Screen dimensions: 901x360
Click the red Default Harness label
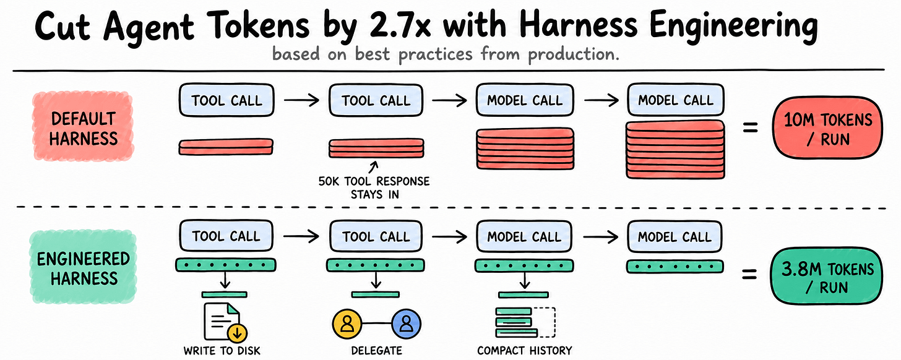pyautogui.click(x=83, y=127)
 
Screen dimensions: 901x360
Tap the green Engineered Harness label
pyautogui.click(x=83, y=267)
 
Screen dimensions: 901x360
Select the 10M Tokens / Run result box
pyautogui.click(x=828, y=128)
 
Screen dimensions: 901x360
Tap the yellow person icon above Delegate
pyautogui.click(x=347, y=324)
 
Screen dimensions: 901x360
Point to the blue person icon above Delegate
pyautogui.click(x=406, y=324)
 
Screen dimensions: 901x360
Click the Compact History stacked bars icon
pyautogui.click(x=525, y=322)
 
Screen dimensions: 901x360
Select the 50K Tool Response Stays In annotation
pyautogui.click(x=374, y=188)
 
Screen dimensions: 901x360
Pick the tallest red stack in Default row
pyautogui.click(x=675, y=150)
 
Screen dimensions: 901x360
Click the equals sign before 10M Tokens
pyautogui.click(x=750, y=128)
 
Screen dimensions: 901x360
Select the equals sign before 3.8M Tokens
pyautogui.click(x=749, y=275)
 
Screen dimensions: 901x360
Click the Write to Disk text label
pyautogui.click(x=222, y=351)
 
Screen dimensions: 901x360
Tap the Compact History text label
pyautogui.click(x=525, y=351)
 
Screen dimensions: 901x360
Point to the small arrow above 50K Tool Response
pyautogui.click(x=374, y=167)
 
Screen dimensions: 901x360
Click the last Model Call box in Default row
pyautogui.click(x=675, y=100)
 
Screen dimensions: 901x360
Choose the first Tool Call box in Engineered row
pyautogui.click(x=226, y=236)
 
